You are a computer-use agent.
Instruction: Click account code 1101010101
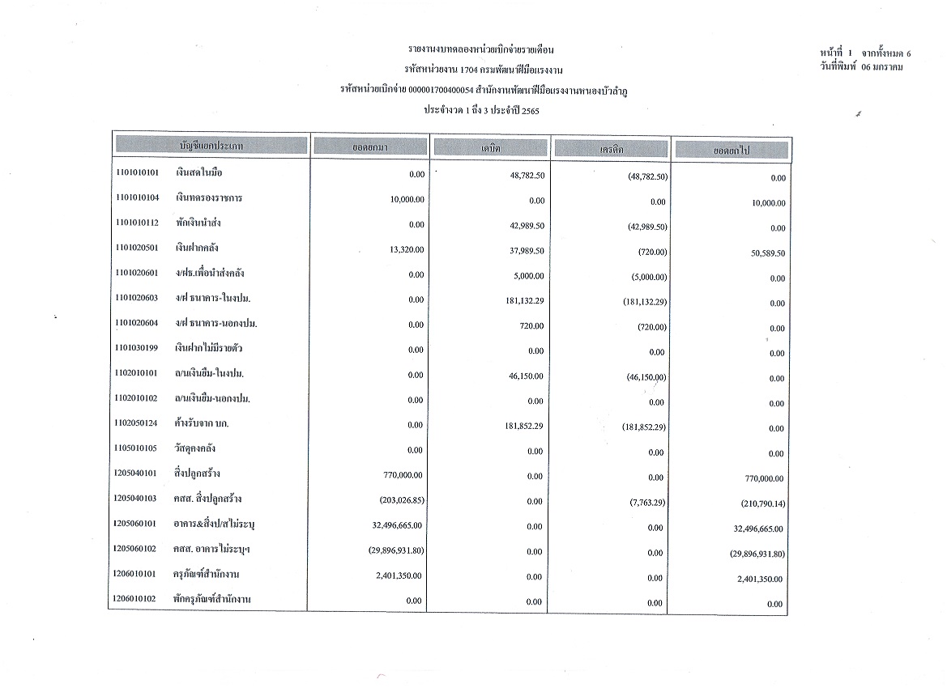[136, 173]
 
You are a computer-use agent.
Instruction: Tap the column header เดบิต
[491, 149]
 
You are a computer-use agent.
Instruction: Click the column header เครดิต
[611, 150]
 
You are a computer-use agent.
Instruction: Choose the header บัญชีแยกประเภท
[211, 146]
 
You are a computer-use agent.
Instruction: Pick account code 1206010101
[136, 574]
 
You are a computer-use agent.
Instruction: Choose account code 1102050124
[136, 423]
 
